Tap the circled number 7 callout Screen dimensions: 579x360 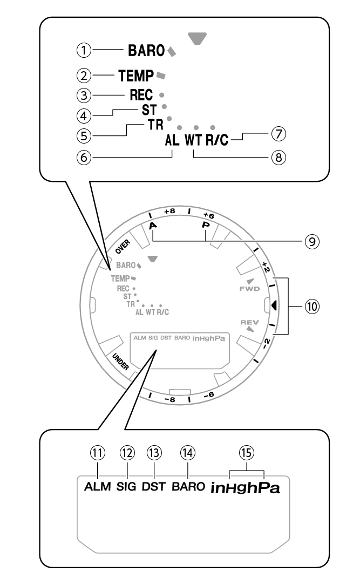(279, 132)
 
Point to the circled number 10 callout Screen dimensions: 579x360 (311, 305)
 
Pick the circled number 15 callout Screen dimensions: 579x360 (247, 452)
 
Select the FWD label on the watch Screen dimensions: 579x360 (249, 289)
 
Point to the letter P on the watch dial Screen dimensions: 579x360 (205, 224)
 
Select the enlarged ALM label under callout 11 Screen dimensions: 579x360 (98, 486)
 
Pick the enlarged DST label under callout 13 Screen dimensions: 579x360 (155, 486)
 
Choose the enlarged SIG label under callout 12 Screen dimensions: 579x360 (127, 486)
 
